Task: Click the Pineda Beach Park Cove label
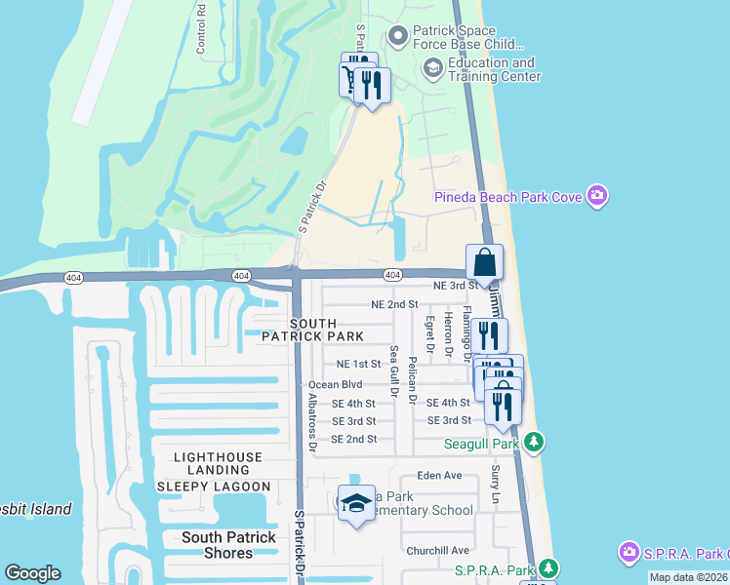tap(507, 198)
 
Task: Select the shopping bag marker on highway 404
tap(485, 262)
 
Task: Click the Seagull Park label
tap(481, 444)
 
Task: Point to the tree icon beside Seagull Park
tap(533, 444)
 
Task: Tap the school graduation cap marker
tap(356, 503)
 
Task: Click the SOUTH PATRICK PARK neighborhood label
tap(312, 330)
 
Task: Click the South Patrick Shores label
tap(229, 545)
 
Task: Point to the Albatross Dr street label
tap(313, 425)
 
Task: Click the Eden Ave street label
tap(438, 476)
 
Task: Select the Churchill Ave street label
tap(437, 550)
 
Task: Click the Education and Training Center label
tap(494, 69)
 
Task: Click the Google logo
tap(32, 573)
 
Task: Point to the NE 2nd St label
tap(394, 304)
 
